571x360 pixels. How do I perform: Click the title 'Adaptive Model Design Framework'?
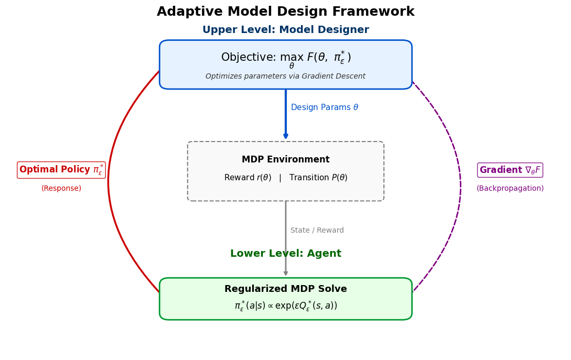coord(285,12)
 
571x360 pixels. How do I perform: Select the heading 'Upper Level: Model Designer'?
coord(285,30)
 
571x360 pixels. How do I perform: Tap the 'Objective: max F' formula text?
coord(285,58)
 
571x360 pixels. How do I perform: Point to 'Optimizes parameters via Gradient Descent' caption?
coord(285,77)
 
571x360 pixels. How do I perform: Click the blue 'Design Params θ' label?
coord(324,107)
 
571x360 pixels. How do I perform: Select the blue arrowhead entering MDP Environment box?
coord(286,136)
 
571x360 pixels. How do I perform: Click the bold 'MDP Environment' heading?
coord(285,160)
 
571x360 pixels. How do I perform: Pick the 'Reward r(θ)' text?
coord(247,178)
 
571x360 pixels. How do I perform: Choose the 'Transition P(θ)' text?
coord(318,178)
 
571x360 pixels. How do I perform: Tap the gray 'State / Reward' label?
coord(317,231)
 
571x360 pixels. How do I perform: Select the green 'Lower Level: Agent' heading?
coord(285,254)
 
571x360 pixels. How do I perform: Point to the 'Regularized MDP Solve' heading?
coord(285,289)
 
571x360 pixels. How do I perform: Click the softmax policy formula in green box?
coord(285,306)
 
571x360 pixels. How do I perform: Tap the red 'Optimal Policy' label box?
coord(61,170)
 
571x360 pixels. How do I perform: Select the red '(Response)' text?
coord(61,189)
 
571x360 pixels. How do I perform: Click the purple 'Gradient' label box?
coord(510,170)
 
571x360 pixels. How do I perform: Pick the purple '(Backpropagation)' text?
coord(510,189)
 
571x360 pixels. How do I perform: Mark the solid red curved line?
coord(109,181)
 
